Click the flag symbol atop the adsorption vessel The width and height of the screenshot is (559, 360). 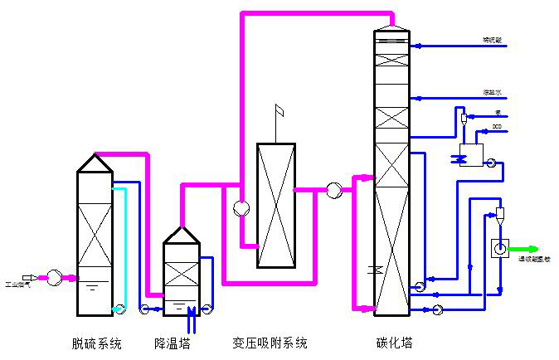point(279,110)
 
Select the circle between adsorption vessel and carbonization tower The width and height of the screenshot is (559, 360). point(333,190)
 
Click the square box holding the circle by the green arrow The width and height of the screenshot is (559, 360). point(500,248)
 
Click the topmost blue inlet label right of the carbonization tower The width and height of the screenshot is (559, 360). point(493,39)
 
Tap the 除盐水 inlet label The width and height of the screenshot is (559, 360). point(494,92)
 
